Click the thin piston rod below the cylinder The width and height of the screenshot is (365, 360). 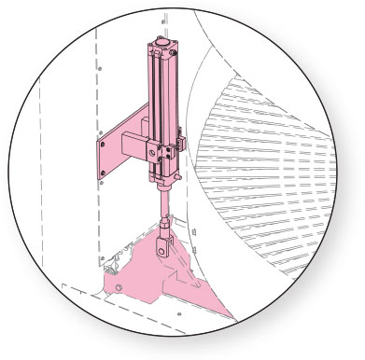click(x=164, y=201)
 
